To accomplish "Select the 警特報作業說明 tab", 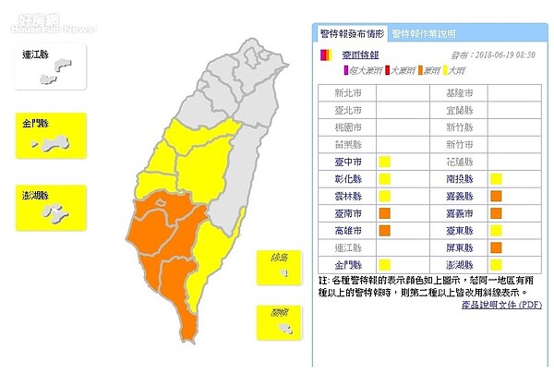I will tap(424, 34).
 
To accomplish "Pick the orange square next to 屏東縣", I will tap(496, 247).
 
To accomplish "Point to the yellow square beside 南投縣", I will tap(496, 179).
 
